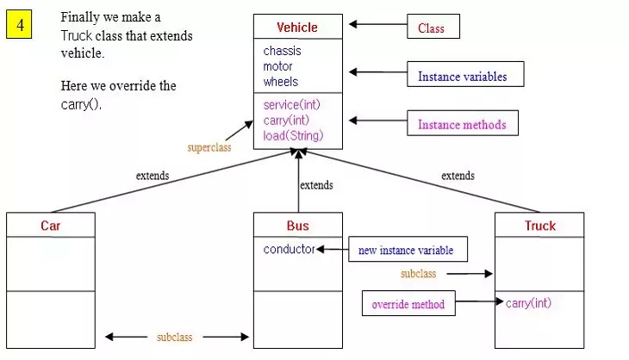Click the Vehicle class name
(x=297, y=27)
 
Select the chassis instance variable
(x=282, y=51)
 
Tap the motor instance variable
(x=277, y=66)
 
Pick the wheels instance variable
(x=281, y=82)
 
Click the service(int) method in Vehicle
(x=292, y=104)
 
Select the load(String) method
(x=293, y=135)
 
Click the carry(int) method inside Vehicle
(x=287, y=120)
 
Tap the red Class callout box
(x=433, y=28)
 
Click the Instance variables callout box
(x=462, y=77)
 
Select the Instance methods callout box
(x=462, y=125)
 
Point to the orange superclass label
(x=209, y=147)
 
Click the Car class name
(x=51, y=226)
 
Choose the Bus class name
(x=297, y=226)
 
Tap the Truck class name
(x=540, y=226)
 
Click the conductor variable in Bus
(x=290, y=250)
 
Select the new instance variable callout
(x=408, y=251)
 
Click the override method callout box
(x=408, y=304)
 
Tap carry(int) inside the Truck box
(x=528, y=302)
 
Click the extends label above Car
(x=153, y=176)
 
